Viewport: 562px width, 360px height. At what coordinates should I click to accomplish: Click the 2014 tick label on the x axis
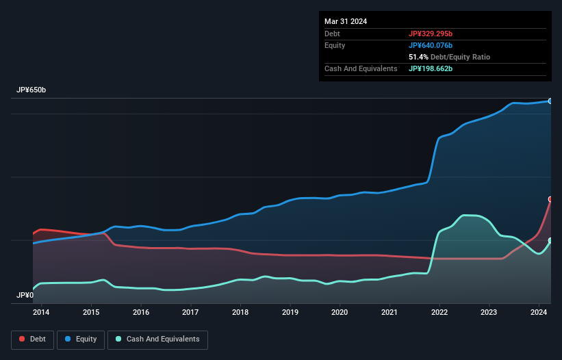[x=42, y=312]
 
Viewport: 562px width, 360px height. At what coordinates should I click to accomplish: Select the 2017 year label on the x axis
[x=190, y=312]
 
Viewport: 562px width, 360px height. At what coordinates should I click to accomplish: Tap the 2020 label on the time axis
[x=340, y=312]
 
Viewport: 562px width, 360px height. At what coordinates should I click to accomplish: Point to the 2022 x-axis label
[x=439, y=312]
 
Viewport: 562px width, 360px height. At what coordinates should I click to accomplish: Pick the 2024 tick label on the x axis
[x=538, y=312]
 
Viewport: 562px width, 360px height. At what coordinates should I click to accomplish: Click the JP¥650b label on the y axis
[x=31, y=90]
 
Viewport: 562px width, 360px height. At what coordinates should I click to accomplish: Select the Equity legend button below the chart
[x=81, y=339]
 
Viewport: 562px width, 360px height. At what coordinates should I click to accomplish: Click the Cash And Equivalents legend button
[x=157, y=339]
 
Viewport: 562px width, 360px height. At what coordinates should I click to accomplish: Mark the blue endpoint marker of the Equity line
[x=550, y=101]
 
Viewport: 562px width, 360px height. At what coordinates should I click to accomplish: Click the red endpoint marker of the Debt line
[x=550, y=199]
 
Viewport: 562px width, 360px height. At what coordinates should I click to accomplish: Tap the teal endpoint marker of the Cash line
[x=550, y=240]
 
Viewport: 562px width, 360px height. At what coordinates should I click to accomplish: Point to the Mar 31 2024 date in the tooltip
[x=346, y=21]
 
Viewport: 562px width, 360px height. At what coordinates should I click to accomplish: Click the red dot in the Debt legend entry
[x=22, y=339]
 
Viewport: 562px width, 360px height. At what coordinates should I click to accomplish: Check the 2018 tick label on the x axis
[x=240, y=312]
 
